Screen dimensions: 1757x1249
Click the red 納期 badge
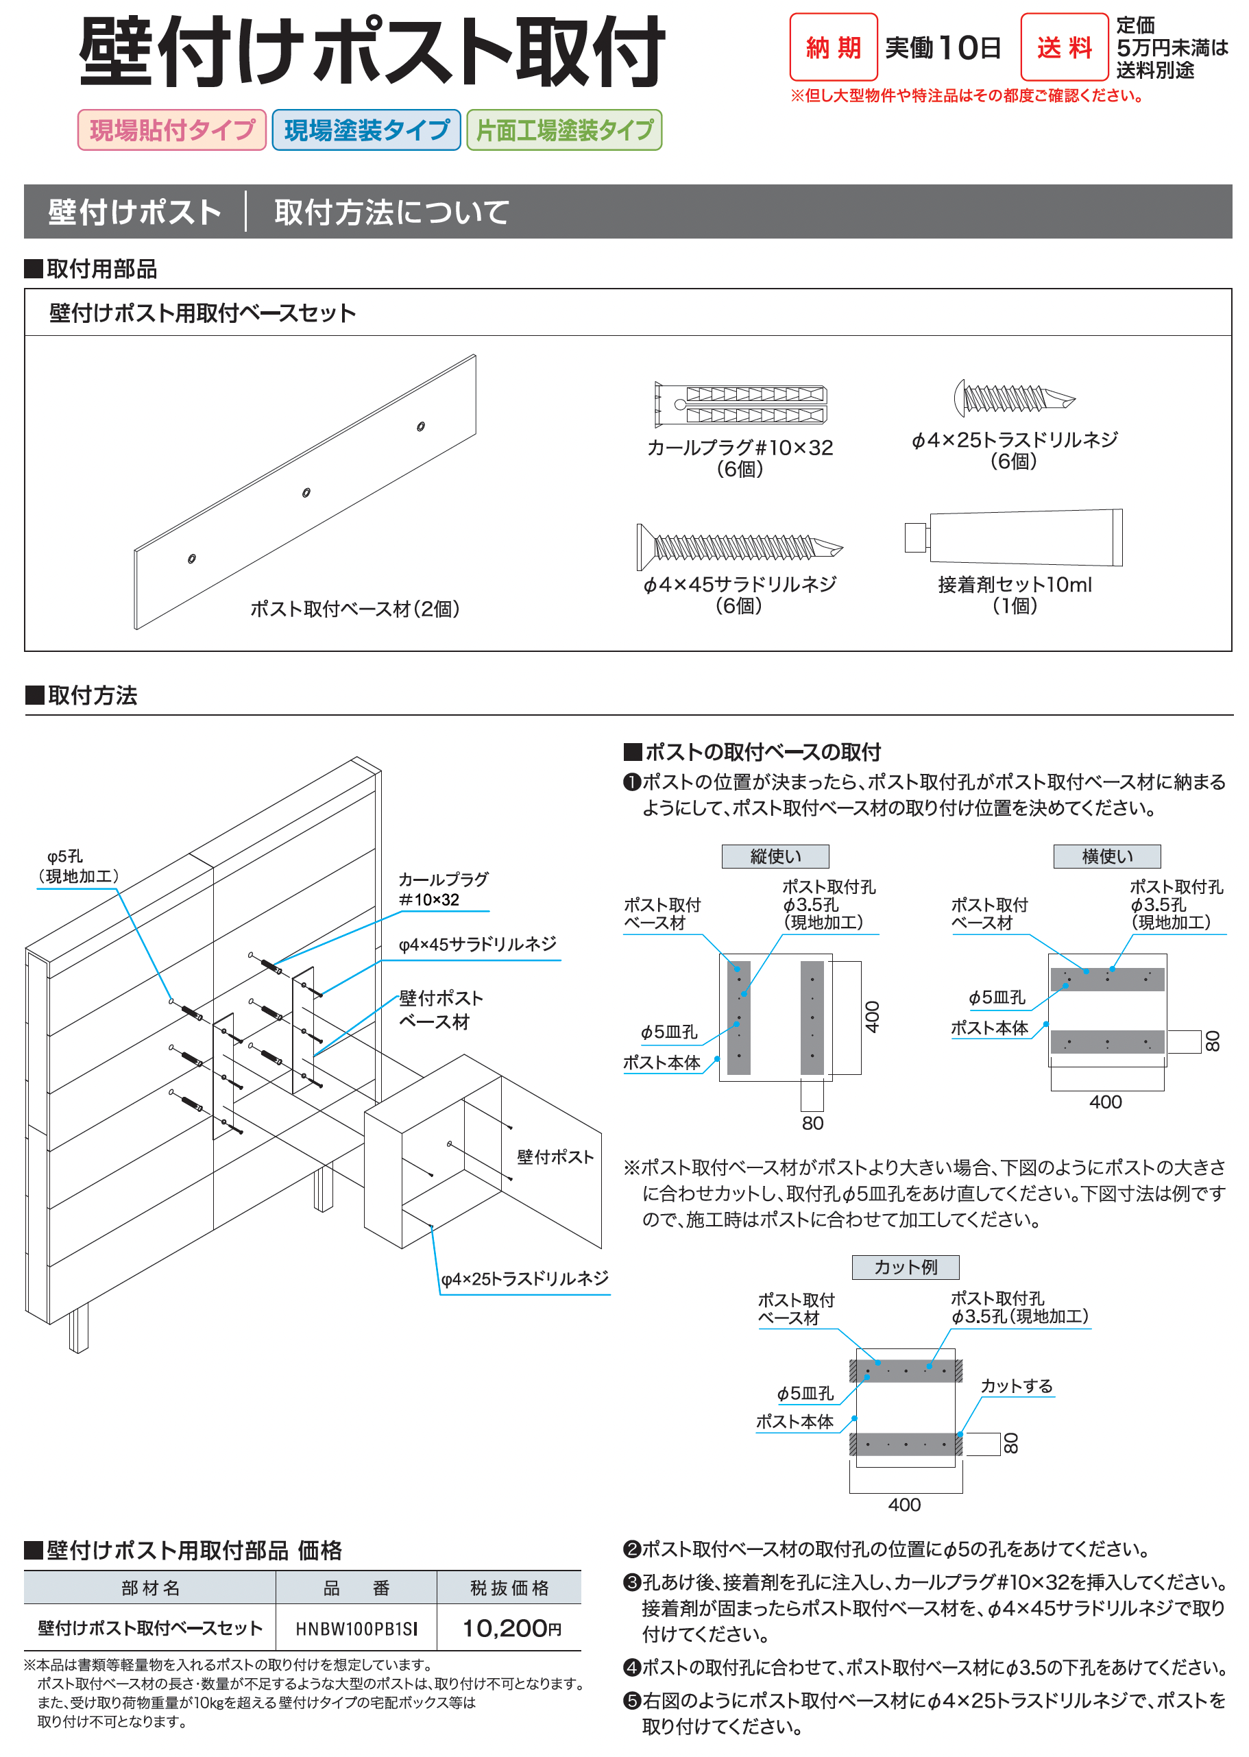point(833,48)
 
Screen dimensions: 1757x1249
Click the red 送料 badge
point(1064,48)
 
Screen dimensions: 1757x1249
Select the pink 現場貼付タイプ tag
point(171,130)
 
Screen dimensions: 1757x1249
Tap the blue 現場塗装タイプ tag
point(366,130)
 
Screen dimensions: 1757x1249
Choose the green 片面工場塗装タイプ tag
point(563,130)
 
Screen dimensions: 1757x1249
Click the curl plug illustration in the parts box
point(740,404)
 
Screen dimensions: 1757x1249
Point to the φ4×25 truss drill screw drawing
point(1013,398)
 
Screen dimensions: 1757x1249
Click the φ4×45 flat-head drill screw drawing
point(738,547)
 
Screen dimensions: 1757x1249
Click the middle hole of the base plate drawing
point(306,492)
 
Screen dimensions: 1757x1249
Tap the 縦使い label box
point(775,856)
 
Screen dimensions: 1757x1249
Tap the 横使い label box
point(1106,856)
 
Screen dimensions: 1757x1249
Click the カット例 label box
point(906,1266)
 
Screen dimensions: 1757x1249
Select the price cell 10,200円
point(510,1628)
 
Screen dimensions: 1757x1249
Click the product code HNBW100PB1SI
point(356,1629)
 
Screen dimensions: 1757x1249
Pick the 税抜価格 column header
point(509,1588)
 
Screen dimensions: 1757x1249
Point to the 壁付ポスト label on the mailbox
point(555,1157)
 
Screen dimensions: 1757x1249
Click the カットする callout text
point(1016,1385)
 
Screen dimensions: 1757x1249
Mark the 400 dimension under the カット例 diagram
point(904,1505)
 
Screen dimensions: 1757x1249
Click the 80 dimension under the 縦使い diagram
point(812,1123)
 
